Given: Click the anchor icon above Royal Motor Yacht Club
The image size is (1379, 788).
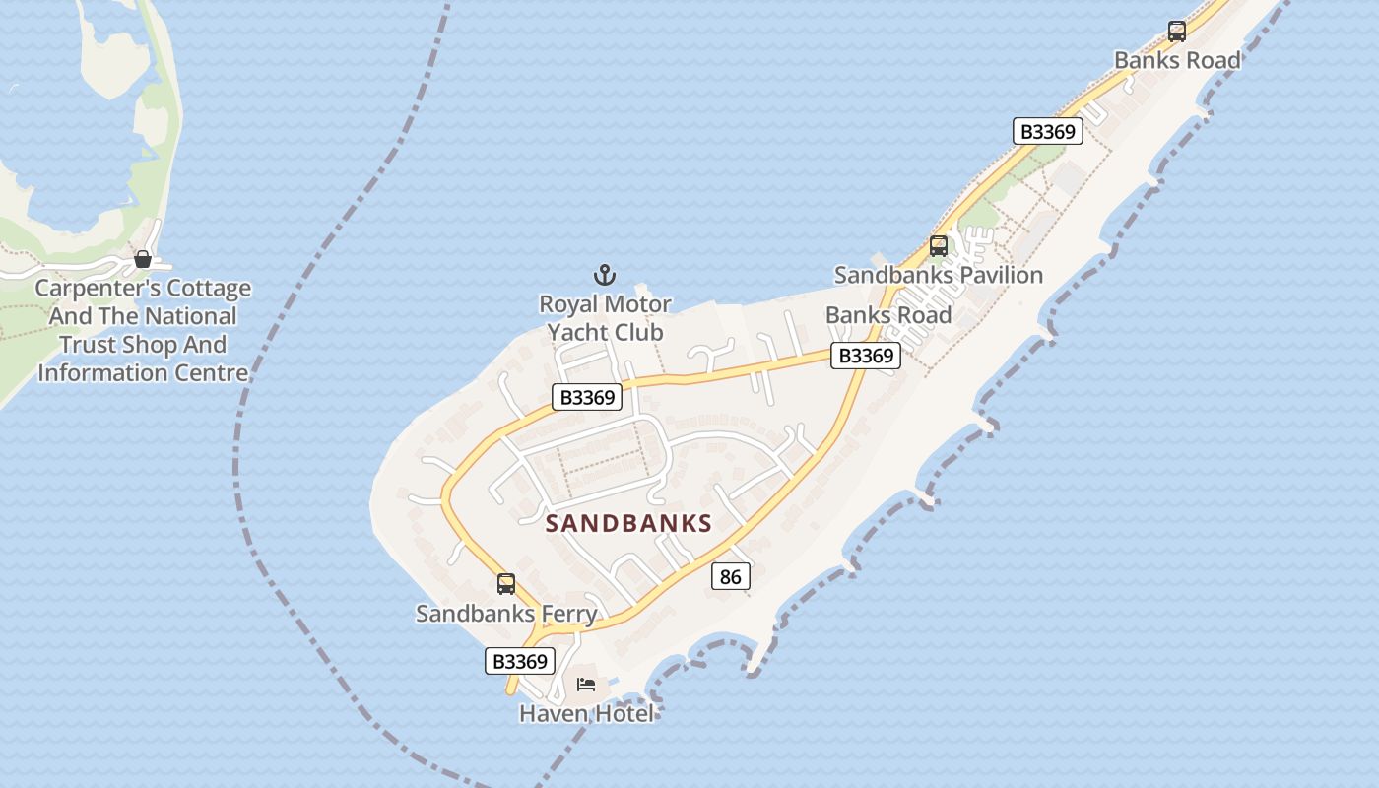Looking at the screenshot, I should (x=605, y=274).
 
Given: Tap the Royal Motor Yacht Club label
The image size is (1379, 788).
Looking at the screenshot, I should (x=605, y=318).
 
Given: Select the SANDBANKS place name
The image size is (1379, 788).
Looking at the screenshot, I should (x=628, y=523).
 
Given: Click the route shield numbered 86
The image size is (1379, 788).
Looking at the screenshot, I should (x=730, y=576).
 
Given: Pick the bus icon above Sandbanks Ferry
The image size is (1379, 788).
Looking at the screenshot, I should (x=506, y=584).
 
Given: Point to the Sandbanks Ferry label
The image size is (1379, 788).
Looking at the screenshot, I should (x=506, y=614).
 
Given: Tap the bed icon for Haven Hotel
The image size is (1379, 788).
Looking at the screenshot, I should (x=586, y=685).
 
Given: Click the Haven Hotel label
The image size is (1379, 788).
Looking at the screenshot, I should (x=586, y=713).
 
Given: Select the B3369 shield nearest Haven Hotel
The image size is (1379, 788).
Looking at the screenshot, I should (x=520, y=661).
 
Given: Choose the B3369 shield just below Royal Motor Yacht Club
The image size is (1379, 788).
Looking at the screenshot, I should (x=587, y=397).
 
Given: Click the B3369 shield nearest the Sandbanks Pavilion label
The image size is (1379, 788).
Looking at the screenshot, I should (x=866, y=356).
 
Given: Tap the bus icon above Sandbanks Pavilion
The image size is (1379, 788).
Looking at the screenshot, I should (x=939, y=246).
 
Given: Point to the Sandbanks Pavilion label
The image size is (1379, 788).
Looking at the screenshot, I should (x=939, y=275).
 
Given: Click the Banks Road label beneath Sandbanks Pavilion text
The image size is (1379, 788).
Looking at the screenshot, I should (x=888, y=315).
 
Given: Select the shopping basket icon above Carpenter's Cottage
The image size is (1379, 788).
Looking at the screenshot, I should (x=143, y=260).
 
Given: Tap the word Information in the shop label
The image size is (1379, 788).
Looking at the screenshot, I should (x=104, y=372).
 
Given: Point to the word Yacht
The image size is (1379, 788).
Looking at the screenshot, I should (x=577, y=333).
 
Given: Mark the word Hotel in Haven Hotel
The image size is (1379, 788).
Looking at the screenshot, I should (x=621, y=713).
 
